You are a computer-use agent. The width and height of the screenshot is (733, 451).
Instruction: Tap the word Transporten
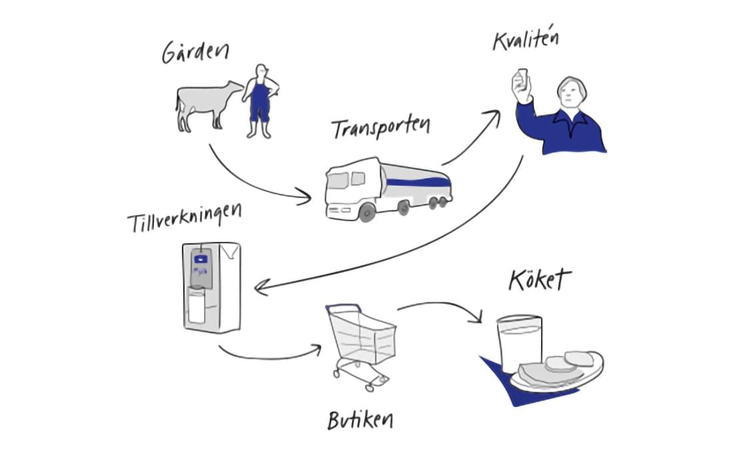[380, 128]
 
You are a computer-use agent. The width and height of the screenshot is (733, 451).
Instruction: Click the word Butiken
[360, 420]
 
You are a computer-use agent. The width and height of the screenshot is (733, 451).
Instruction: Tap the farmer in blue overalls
[260, 100]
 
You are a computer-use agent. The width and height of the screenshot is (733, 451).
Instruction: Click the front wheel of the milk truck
[366, 213]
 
